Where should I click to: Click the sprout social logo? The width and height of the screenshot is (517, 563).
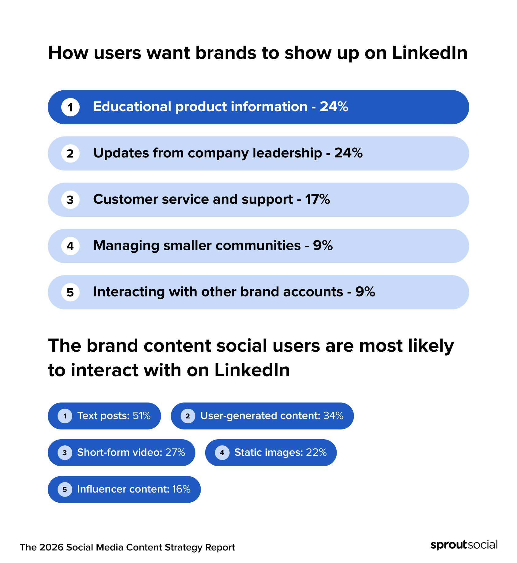click(x=464, y=545)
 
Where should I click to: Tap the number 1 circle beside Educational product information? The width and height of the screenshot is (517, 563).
click(x=70, y=108)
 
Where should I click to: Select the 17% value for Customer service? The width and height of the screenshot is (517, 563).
click(x=317, y=199)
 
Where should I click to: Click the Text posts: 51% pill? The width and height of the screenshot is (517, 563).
click(x=104, y=416)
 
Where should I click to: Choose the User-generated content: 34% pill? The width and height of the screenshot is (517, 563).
click(x=262, y=416)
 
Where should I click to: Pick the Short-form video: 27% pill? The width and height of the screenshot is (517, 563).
click(x=121, y=453)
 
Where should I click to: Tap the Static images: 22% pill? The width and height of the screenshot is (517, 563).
click(x=271, y=453)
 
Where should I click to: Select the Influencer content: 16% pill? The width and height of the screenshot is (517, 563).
click(x=124, y=489)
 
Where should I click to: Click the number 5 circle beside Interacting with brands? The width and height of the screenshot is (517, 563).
click(x=70, y=293)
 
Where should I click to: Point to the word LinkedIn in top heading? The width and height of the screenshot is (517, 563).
click(x=430, y=53)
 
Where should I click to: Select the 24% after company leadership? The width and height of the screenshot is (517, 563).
click(x=348, y=153)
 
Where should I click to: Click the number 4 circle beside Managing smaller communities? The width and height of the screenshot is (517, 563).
click(x=70, y=246)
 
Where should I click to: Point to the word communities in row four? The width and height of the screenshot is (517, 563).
click(x=258, y=246)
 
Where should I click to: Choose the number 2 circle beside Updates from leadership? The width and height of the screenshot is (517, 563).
click(x=70, y=153)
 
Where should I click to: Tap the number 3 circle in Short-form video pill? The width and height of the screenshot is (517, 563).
click(x=65, y=453)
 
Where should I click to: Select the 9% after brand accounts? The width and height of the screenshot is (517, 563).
click(x=365, y=292)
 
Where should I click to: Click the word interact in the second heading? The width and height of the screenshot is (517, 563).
click(x=104, y=370)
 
